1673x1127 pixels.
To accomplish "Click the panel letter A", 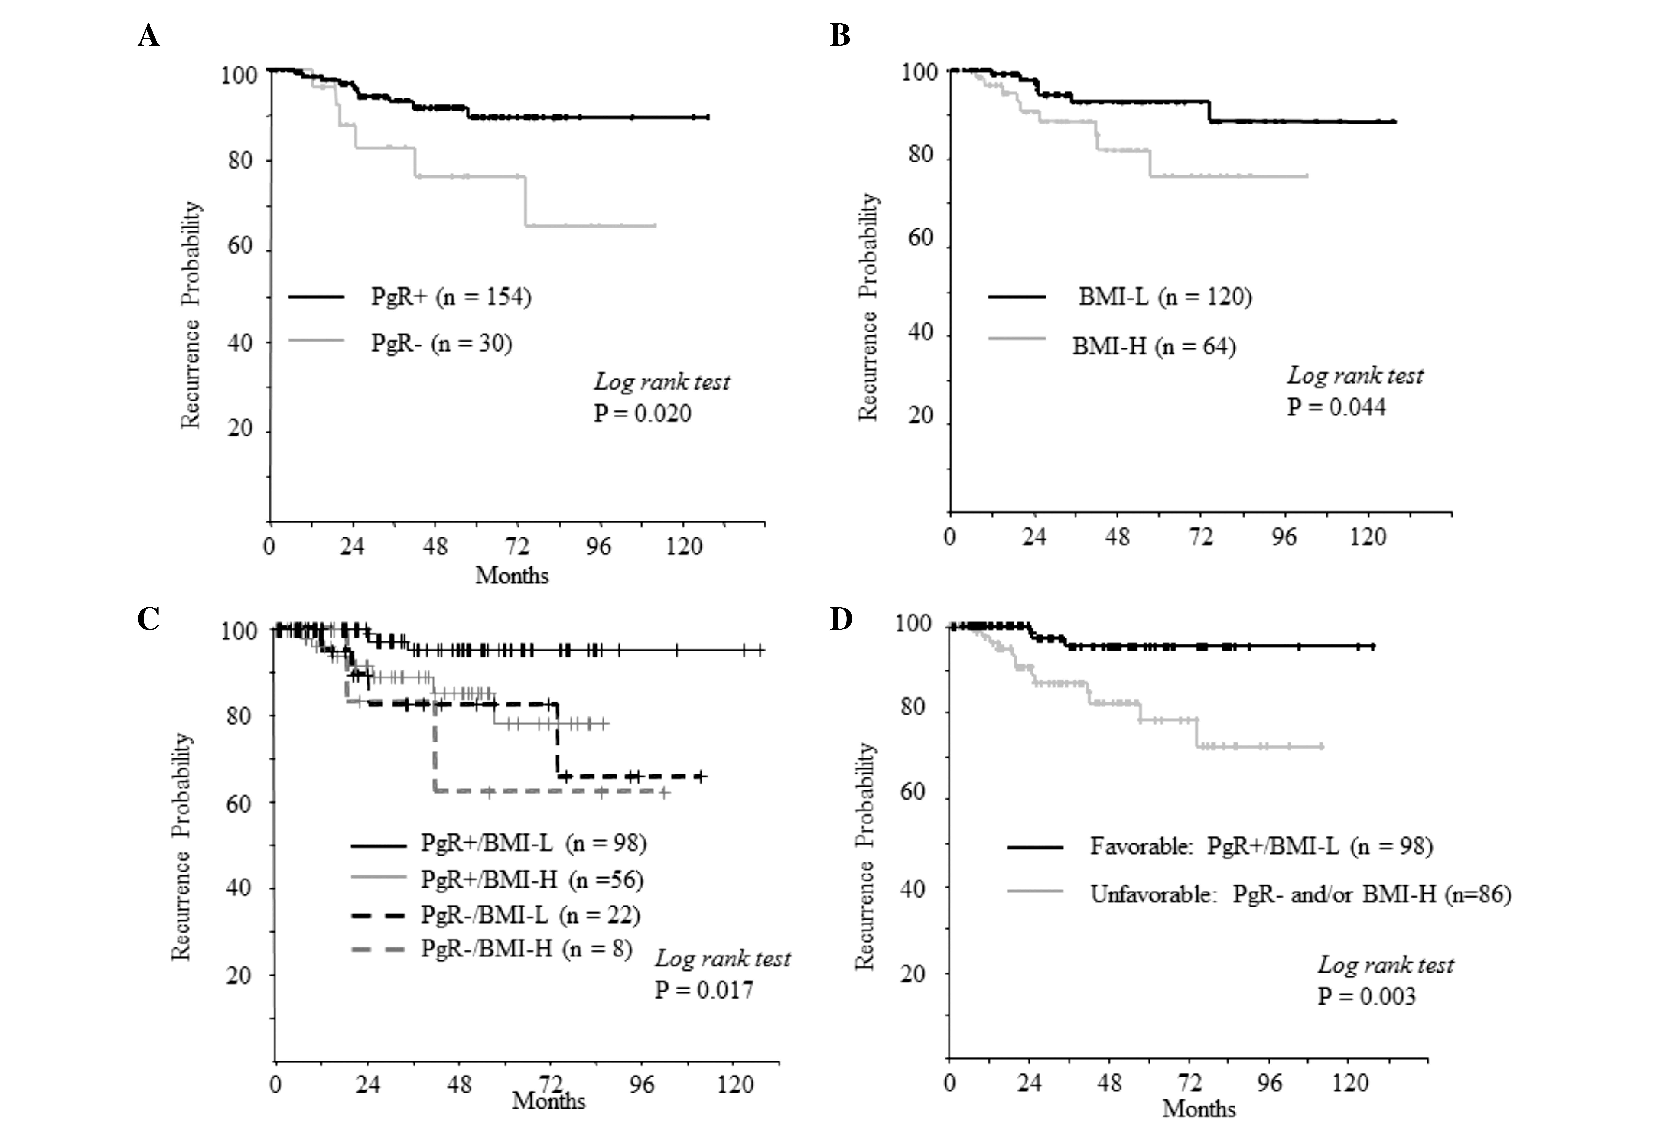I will pos(149,35).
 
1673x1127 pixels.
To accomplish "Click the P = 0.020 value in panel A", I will pos(642,413).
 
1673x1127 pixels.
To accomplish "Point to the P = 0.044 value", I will pos(1336,407).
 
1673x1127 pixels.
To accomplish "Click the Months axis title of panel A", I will pos(512,575).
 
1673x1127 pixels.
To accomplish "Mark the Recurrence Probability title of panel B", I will pos(868,307).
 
